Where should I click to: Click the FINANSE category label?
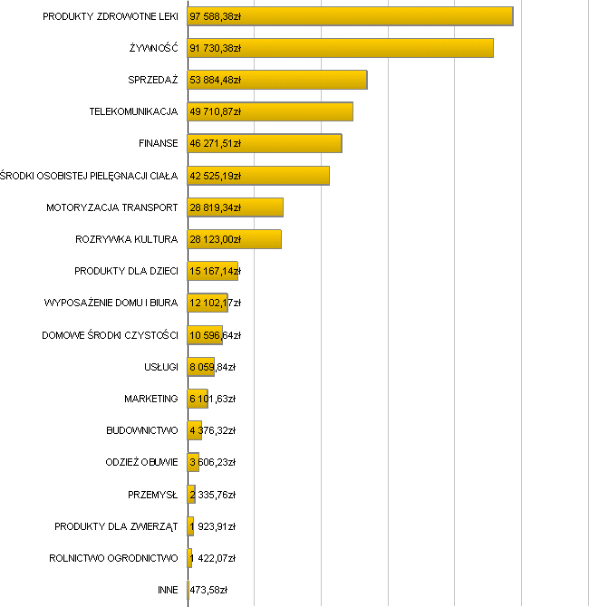pyautogui.click(x=158, y=143)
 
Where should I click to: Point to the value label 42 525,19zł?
pyautogui.click(x=215, y=176)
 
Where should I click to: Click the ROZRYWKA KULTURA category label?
pyautogui.click(x=126, y=239)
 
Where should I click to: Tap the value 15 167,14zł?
pyautogui.click(x=215, y=271)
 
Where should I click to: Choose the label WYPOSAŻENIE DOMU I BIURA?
pyautogui.click(x=111, y=303)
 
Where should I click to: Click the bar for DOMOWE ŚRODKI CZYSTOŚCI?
pyautogui.click(x=205, y=334)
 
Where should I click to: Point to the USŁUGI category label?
pyautogui.click(x=160, y=366)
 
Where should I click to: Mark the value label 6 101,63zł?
pyautogui.click(x=212, y=399)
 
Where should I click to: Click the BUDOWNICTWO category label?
pyautogui.click(x=141, y=430)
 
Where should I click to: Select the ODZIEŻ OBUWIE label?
pyautogui.click(x=141, y=462)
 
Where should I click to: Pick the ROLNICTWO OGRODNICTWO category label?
pyautogui.click(x=113, y=558)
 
